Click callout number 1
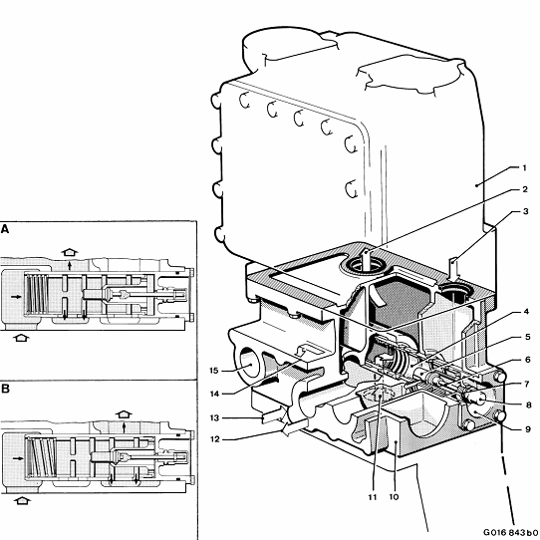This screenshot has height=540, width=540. (x=524, y=167)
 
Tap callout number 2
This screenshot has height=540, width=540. (x=524, y=189)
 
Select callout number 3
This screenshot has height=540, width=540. (x=525, y=211)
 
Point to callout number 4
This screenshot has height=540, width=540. (x=526, y=312)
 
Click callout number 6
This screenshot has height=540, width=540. (x=528, y=360)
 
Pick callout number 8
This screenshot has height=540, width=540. (x=529, y=405)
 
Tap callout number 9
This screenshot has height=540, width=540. (x=528, y=429)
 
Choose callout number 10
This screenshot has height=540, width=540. (x=394, y=497)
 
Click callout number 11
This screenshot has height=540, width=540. (x=373, y=497)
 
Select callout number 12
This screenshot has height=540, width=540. (x=214, y=439)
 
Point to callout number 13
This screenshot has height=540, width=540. (x=214, y=417)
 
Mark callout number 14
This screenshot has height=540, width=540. (x=214, y=394)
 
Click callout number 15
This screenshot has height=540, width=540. (x=214, y=371)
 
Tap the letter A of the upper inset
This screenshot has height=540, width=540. (x=5, y=229)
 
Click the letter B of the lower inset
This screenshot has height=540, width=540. (x=5, y=389)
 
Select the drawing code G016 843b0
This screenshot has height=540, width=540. (x=511, y=532)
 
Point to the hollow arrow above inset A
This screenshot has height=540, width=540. (x=70, y=252)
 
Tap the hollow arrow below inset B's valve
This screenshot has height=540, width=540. (x=22, y=500)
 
